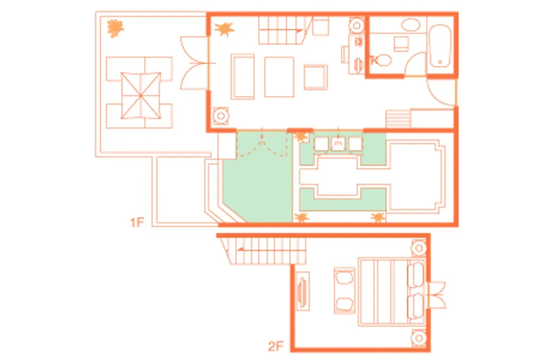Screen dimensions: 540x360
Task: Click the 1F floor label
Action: point(137,222)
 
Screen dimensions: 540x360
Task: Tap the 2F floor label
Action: point(276,345)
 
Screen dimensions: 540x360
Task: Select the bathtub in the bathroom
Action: point(440,46)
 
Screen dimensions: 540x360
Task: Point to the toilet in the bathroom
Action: point(381,60)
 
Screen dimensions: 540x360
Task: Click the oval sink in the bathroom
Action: point(411,25)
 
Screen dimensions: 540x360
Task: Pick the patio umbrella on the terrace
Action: point(140,95)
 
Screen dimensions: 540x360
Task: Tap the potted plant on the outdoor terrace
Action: point(115,28)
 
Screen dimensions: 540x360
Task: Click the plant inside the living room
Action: point(224,29)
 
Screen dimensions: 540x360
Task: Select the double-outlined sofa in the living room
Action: point(243,76)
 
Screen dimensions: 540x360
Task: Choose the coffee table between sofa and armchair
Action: point(279,77)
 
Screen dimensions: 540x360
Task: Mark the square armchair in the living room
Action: point(315,77)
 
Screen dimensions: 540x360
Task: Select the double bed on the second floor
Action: point(391,291)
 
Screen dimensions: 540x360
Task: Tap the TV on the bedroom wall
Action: point(302,291)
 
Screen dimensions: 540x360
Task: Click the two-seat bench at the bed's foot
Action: point(344,291)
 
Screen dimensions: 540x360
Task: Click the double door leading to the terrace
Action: point(195,63)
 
